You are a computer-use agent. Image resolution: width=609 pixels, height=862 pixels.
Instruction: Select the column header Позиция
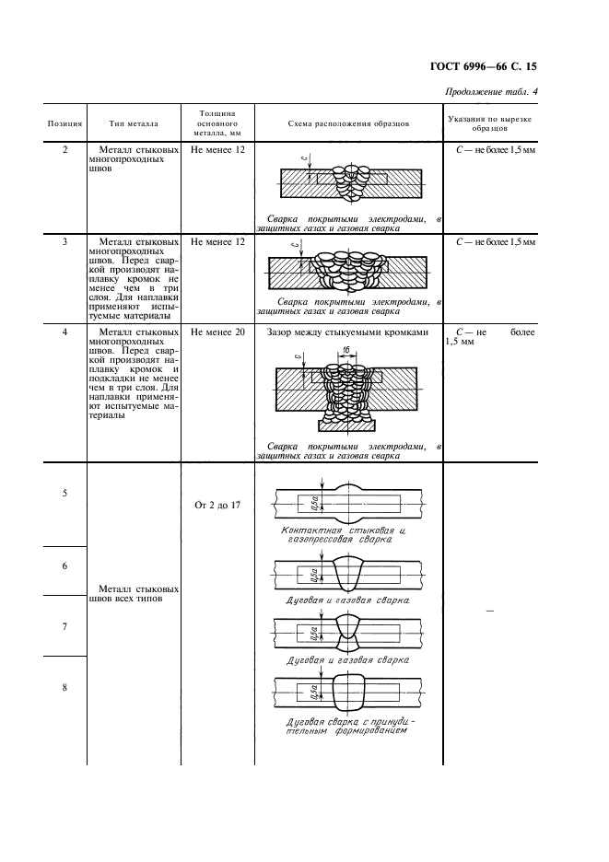(64, 122)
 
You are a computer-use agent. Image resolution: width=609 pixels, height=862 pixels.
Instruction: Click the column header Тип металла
(134, 122)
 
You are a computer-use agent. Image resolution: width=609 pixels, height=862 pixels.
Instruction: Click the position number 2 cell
(64, 149)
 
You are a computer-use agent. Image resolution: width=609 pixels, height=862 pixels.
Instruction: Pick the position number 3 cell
(64, 241)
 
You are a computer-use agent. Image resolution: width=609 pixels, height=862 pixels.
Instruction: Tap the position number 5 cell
(64, 494)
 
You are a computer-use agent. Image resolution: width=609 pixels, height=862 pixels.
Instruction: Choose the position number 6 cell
(64, 565)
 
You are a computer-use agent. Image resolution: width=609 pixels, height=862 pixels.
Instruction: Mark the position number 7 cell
(64, 626)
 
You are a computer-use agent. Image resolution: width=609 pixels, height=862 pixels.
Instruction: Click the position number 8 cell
(64, 688)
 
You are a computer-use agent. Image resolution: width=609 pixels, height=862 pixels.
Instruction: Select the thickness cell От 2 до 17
(217, 506)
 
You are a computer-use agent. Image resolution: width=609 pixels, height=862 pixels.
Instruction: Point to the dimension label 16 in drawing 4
(369, 350)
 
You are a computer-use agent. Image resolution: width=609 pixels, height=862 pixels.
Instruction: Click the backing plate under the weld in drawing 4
(346, 425)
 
